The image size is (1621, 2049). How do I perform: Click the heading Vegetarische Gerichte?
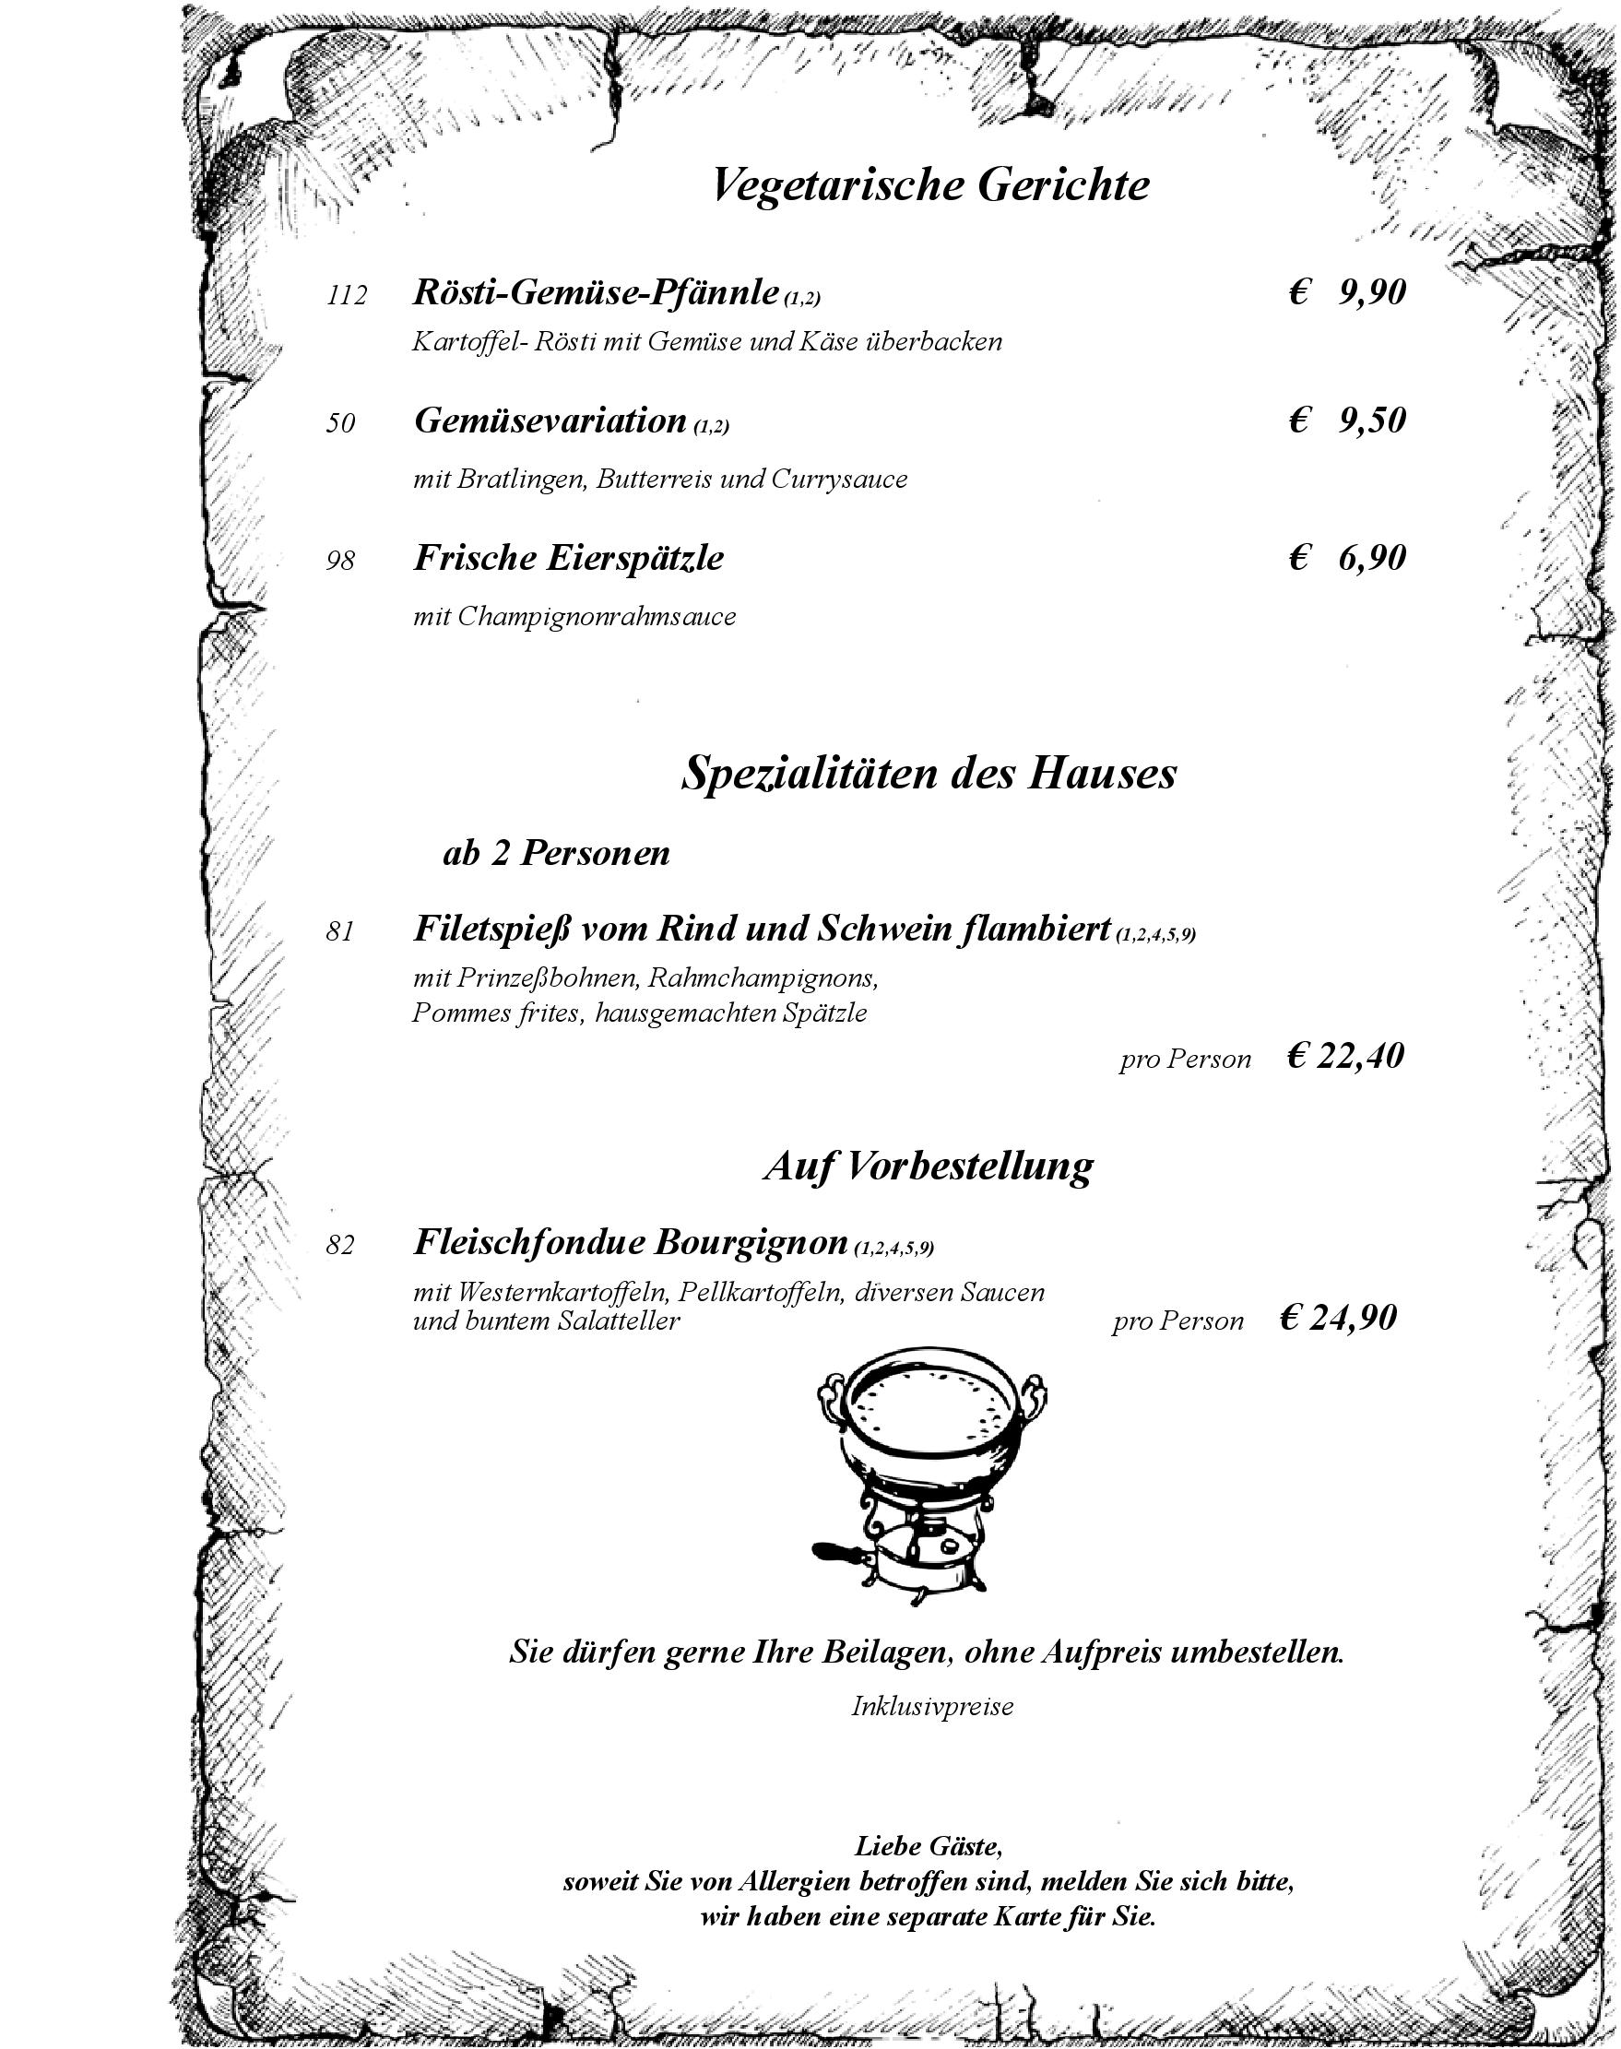pyautogui.click(x=929, y=184)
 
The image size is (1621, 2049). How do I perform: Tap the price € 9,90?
pyautogui.click(x=1347, y=293)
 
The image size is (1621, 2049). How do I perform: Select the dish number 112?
pyautogui.click(x=347, y=296)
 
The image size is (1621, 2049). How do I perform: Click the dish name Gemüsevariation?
pyautogui.click(x=550, y=420)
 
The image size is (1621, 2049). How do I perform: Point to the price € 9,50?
pyautogui.click(x=1347, y=420)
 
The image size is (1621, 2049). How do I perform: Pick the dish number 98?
pyautogui.click(x=339, y=561)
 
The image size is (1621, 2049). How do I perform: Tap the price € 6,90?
pyautogui.click(x=1347, y=558)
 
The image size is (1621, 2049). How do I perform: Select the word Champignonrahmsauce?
pyautogui.click(x=596, y=617)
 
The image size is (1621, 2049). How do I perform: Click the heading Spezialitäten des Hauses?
pyautogui.click(x=929, y=773)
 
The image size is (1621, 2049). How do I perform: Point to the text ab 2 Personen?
pyautogui.click(x=556, y=853)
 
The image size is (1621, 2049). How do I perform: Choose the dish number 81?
pyautogui.click(x=339, y=932)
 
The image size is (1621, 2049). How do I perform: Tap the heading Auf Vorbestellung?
pyautogui.click(x=929, y=1166)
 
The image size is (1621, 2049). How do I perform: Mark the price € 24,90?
pyautogui.click(x=1338, y=1318)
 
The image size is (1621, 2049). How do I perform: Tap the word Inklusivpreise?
pyautogui.click(x=931, y=1706)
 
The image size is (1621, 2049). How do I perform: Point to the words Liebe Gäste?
pyautogui.click(x=929, y=1846)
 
